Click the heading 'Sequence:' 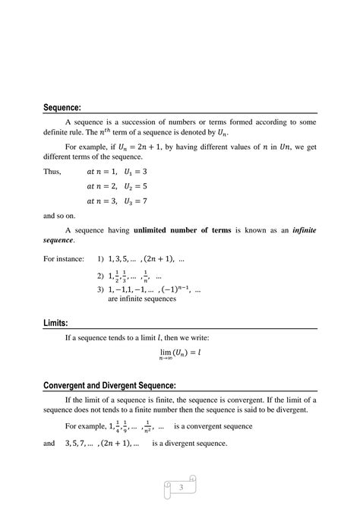pos(65,106)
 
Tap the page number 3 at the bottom pos(180,487)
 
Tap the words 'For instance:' pos(64,258)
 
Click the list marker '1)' pos(101,258)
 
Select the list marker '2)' pos(101,277)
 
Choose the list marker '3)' pos(101,290)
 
